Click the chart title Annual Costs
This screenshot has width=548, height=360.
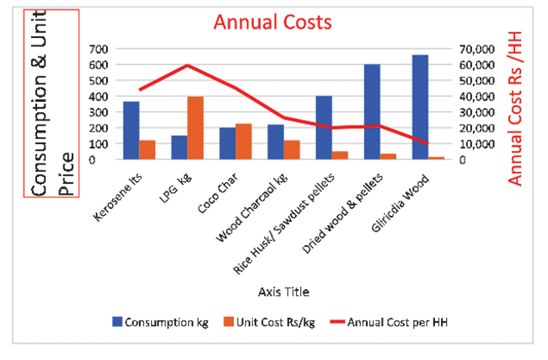[272, 21]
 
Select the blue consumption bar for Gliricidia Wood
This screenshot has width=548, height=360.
[420, 107]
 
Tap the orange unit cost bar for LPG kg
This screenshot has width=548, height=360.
[196, 127]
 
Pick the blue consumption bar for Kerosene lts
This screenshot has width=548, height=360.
[131, 130]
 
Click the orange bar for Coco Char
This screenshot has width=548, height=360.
[244, 141]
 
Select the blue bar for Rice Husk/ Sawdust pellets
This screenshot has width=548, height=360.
[324, 127]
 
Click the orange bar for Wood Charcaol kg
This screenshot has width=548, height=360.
[292, 149]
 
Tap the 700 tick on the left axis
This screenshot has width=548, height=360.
[99, 49]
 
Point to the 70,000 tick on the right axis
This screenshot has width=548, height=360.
[474, 49]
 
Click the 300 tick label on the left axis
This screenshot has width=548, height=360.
[99, 112]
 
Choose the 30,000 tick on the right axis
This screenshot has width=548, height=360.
[474, 112]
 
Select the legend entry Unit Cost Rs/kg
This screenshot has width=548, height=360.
[273, 321]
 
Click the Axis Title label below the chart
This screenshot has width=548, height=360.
[283, 292]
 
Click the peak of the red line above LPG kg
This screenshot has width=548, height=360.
[188, 65]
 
